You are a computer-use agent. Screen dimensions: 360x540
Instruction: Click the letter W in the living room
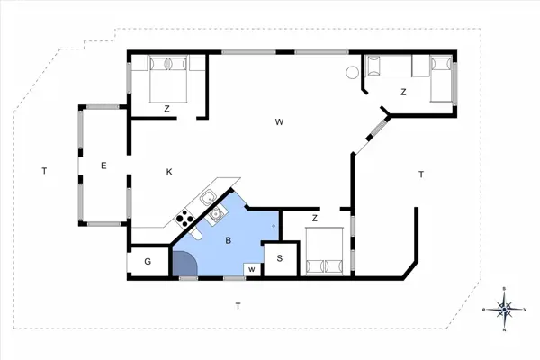[280, 121]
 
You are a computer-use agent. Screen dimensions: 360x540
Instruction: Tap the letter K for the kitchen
[168, 171]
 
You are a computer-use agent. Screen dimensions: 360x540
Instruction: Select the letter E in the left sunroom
[104, 165]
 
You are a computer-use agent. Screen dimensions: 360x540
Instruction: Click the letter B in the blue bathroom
[229, 240]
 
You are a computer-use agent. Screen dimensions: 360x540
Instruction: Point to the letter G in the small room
[148, 262]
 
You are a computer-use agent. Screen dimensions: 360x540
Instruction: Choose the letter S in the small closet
[280, 259]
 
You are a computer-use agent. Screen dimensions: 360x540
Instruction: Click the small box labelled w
[252, 269]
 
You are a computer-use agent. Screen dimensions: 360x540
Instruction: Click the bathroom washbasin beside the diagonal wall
[217, 214]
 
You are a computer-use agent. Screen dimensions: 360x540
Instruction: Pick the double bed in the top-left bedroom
[168, 76]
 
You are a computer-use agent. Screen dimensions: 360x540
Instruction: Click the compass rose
[505, 310]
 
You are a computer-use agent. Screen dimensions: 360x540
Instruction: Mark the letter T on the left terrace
[42, 170]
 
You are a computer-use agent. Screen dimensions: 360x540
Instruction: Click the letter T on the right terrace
[420, 174]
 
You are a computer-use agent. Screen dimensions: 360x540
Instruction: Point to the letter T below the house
[238, 307]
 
